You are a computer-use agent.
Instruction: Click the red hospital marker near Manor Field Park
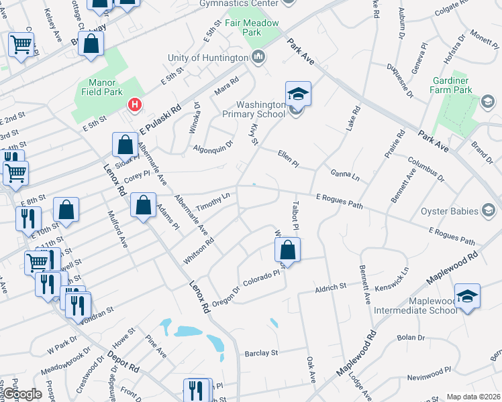(x=135, y=105)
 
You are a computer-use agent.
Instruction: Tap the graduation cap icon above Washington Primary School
(x=298, y=93)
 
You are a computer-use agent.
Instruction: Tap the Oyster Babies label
(x=448, y=212)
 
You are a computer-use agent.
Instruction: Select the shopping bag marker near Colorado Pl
(x=287, y=250)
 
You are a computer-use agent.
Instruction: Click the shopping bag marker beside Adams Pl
(x=143, y=205)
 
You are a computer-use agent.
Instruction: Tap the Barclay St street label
(x=261, y=352)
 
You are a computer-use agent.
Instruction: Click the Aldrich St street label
(x=331, y=288)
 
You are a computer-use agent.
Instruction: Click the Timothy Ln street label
(x=213, y=200)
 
